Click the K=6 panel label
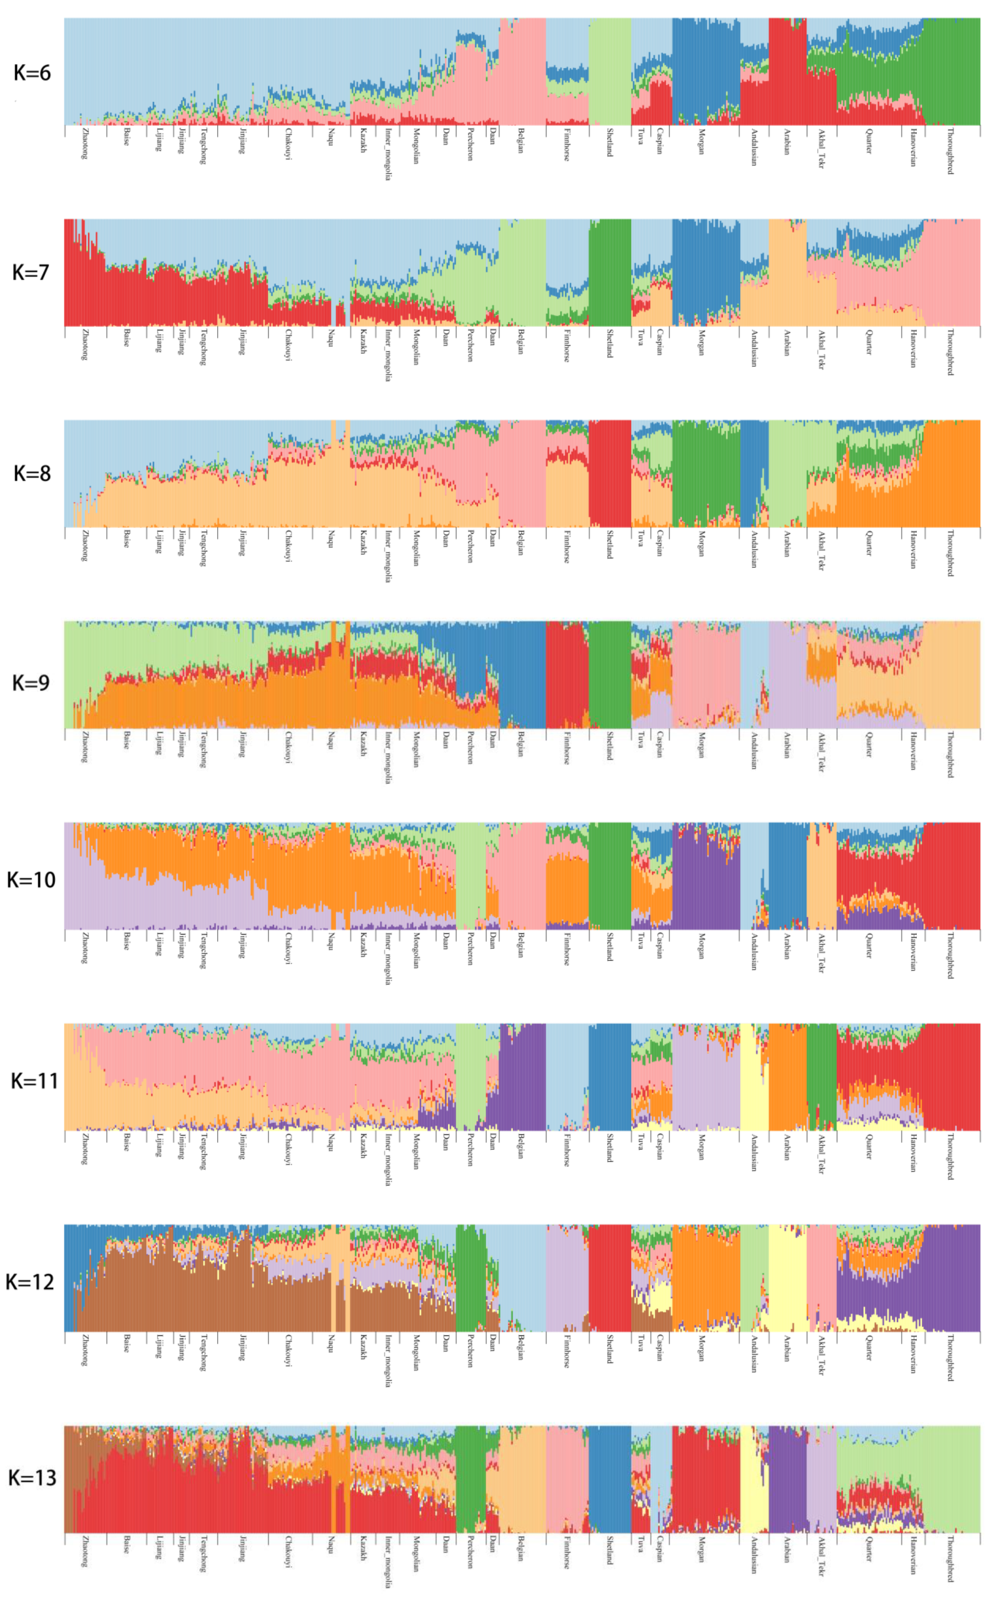[x=32, y=73]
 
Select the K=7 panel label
[x=30, y=273]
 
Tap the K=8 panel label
[x=32, y=474]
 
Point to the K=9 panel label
[x=30, y=682]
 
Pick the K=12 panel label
[x=29, y=1282]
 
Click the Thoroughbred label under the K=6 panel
[x=950, y=151]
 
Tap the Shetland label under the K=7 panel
[x=609, y=344]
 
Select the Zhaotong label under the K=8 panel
[x=85, y=545]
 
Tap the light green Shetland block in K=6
[x=609, y=71]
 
